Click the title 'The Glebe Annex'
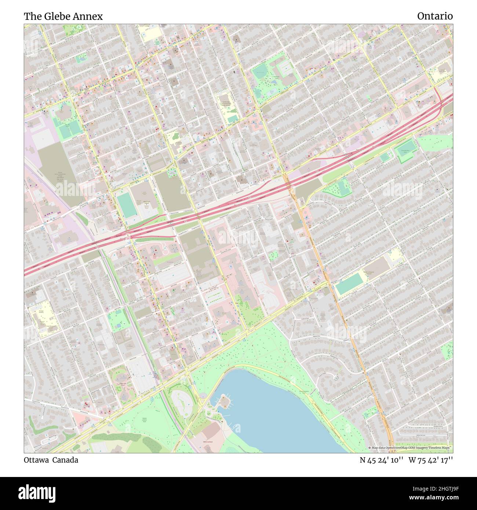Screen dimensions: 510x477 tap(63, 16)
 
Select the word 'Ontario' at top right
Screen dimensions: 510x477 tap(434, 16)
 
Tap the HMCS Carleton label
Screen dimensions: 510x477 tap(208, 442)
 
